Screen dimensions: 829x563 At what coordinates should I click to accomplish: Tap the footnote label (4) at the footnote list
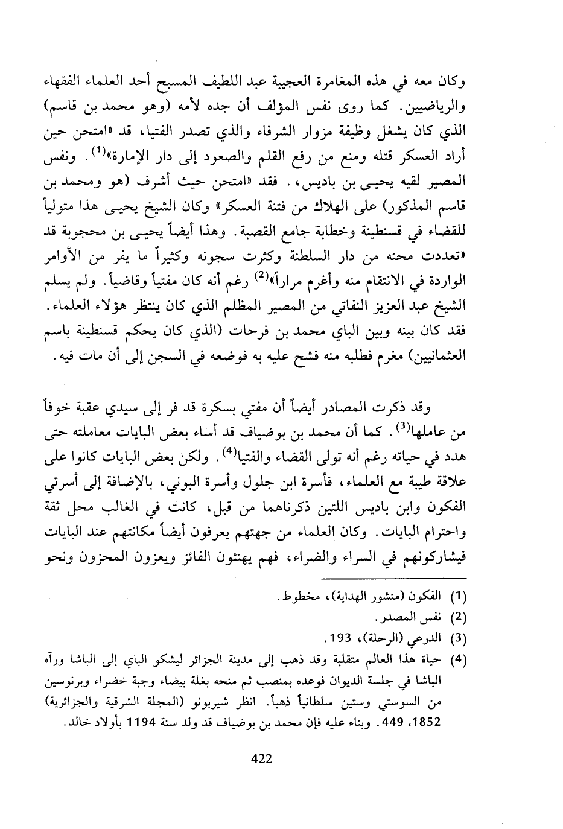click(x=460, y=658)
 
